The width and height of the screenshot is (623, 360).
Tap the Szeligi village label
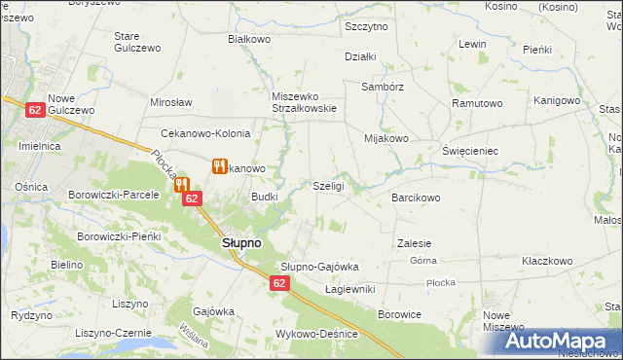[328, 186]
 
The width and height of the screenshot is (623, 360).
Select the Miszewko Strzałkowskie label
[304, 102]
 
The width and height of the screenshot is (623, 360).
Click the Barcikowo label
[417, 198]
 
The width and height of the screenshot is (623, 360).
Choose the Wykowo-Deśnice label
[316, 334]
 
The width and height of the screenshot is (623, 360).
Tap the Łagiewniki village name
[349, 289]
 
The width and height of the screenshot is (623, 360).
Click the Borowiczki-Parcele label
[113, 195]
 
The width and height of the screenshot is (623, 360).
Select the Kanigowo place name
[558, 100]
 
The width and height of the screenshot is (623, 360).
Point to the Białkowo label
[248, 39]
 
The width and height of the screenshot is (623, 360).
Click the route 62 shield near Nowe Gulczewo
[35, 112]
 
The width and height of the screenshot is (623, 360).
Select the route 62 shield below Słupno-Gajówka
[279, 283]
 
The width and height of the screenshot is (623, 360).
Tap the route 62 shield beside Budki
[192, 198]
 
